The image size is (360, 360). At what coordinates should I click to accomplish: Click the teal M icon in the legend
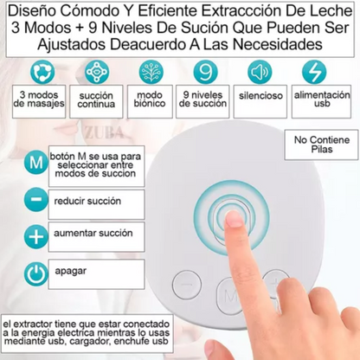(36, 163)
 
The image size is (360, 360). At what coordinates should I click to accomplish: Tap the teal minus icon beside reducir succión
(36, 200)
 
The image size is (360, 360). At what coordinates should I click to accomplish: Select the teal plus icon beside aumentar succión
(36, 236)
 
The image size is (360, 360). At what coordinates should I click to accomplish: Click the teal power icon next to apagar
(36, 274)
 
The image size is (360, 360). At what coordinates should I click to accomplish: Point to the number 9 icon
(205, 72)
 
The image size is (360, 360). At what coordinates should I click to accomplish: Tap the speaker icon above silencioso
(260, 72)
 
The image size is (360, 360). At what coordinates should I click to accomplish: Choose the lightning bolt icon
(314, 72)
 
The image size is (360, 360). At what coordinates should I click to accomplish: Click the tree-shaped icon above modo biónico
(151, 72)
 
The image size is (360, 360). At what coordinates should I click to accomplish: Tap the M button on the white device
(230, 295)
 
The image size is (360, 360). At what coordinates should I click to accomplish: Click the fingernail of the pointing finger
(234, 220)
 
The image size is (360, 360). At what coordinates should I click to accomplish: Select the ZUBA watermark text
(103, 132)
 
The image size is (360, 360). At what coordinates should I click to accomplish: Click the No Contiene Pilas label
(322, 145)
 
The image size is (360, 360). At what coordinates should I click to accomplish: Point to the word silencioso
(260, 95)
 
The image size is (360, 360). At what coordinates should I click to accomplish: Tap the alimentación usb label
(322, 99)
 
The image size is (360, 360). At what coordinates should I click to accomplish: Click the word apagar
(71, 272)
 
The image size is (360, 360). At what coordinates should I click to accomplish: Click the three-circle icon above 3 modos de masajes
(42, 72)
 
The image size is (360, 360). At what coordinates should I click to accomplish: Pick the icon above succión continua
(97, 72)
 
